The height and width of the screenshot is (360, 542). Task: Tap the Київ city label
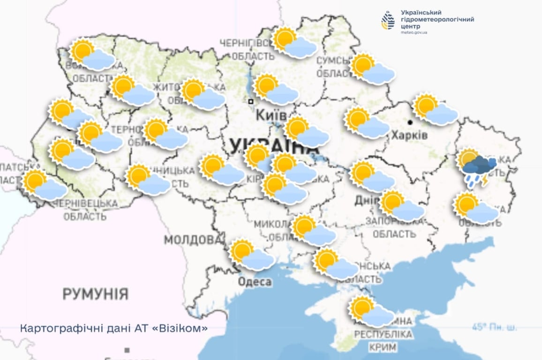(271, 115)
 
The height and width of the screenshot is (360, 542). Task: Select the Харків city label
(409, 135)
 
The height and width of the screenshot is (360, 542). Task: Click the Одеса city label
(255, 282)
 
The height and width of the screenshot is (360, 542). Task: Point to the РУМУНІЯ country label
(96, 294)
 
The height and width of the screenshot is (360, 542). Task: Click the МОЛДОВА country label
(193, 240)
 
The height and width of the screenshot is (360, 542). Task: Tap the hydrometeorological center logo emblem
(388, 21)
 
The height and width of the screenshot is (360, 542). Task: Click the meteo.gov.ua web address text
(414, 33)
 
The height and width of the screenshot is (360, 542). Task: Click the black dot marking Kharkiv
(410, 122)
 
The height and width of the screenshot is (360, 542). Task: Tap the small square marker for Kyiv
(251, 101)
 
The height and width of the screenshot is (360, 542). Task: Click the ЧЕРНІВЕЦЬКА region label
(85, 203)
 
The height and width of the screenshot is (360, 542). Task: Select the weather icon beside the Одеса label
(252, 255)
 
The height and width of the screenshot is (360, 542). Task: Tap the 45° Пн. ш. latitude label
(495, 327)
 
